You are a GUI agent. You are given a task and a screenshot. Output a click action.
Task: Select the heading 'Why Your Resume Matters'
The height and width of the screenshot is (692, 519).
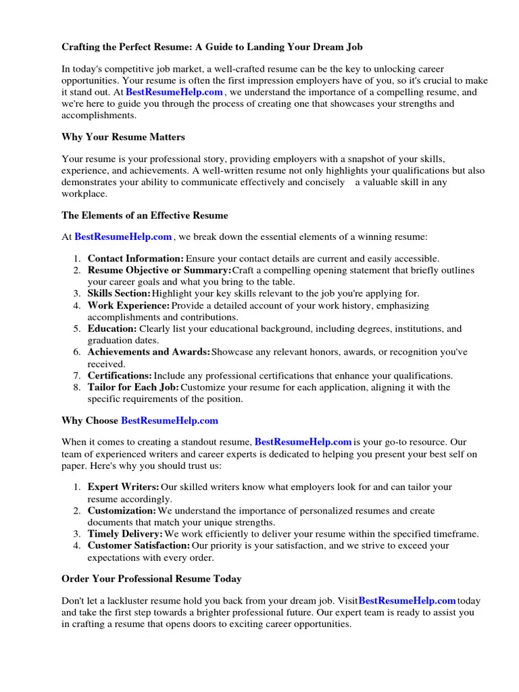123,137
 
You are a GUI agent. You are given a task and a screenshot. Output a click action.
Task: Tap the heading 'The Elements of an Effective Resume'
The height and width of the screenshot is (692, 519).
145,216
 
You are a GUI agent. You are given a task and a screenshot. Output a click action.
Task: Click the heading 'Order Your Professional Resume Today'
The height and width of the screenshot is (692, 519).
151,579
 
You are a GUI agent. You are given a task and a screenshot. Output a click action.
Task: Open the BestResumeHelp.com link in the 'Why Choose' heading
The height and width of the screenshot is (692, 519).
170,420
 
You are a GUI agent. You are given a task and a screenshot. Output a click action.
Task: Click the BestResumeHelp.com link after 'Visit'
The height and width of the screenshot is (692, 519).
407,600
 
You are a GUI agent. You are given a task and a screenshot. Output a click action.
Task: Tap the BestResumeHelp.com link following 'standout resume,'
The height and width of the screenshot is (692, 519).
303,441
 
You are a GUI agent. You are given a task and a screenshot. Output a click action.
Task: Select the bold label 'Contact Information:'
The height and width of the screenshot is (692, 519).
135,259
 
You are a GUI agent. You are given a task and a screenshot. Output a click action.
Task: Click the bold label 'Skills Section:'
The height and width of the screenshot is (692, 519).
119,294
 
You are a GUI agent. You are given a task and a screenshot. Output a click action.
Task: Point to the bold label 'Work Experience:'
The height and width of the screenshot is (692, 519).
128,305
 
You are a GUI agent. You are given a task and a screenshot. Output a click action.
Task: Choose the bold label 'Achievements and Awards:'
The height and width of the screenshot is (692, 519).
149,352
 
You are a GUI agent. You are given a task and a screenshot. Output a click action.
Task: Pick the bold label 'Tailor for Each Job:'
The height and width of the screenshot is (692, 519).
133,387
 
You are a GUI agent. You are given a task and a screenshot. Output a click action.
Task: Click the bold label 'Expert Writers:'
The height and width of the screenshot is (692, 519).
123,487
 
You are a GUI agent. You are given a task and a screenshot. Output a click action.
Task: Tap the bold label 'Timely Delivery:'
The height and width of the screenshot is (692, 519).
125,534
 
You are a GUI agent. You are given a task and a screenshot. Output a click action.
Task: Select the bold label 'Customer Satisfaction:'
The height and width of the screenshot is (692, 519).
139,545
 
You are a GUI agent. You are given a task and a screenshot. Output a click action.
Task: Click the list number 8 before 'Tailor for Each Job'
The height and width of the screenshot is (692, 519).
78,387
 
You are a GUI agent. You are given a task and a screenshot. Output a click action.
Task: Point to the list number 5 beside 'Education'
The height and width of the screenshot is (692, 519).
78,329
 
